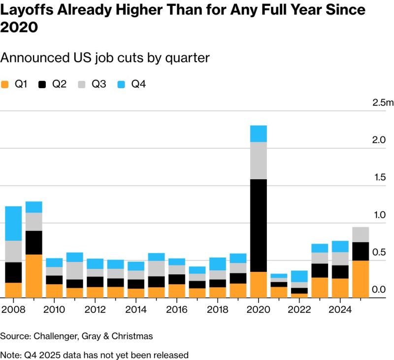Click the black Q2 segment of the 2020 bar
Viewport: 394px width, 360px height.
coord(258,225)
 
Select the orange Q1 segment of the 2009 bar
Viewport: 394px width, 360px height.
coord(33,276)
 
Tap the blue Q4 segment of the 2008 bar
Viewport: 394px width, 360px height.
coord(13,223)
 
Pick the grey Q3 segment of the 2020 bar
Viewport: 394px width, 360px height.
coord(258,161)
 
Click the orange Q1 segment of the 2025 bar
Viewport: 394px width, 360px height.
coord(361,279)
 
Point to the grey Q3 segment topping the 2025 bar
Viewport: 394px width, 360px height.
coord(361,234)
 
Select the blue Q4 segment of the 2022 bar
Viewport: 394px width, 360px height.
coord(299,276)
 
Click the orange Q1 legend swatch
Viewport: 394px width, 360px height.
coord(6,84)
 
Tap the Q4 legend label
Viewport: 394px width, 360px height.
coord(138,84)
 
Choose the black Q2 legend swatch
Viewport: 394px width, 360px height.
coord(43,84)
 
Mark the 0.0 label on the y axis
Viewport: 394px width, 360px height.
coord(378,290)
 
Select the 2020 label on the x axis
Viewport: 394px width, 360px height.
coord(259,310)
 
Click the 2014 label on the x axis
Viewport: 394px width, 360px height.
coord(136,310)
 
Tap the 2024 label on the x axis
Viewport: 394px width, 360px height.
coord(340,310)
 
